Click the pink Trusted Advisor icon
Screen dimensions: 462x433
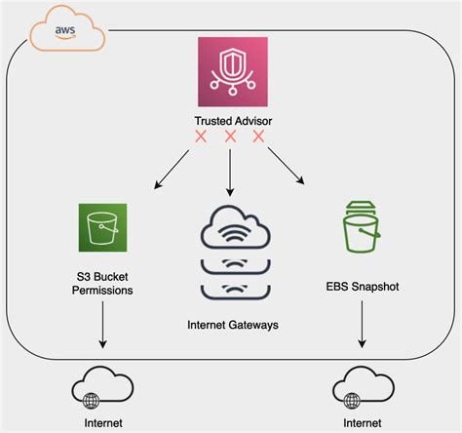pos(233,71)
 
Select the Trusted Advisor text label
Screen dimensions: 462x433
pos(233,121)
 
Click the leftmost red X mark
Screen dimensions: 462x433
pos(201,137)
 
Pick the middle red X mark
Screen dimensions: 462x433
pos(230,137)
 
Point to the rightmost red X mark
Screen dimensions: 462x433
pos(258,137)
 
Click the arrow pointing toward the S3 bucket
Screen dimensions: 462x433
pos(172,170)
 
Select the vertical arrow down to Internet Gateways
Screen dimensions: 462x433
pos(230,173)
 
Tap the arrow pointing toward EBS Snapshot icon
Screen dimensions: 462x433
pos(287,166)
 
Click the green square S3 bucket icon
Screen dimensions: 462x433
pos(102,227)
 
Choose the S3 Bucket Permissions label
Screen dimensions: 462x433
pos(102,284)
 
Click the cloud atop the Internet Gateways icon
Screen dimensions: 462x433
pos(235,227)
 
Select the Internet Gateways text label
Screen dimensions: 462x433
pos(233,325)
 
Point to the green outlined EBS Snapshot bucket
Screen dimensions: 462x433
pos(362,227)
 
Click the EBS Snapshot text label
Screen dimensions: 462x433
pos(363,287)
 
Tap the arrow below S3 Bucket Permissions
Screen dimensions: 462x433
pos(102,325)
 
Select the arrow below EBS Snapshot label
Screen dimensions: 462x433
pos(362,324)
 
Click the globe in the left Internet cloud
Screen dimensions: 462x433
pos(92,401)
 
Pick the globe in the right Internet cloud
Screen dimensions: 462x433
pos(352,401)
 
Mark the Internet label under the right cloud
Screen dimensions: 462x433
pos(363,423)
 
